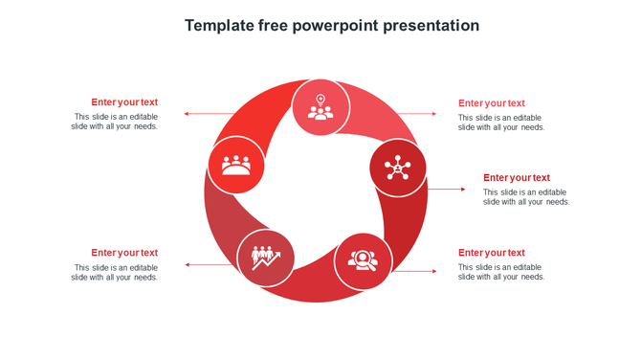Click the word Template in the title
click(219, 26)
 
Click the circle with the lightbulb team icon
click(320, 106)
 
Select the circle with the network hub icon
click(397, 169)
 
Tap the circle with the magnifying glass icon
click(363, 260)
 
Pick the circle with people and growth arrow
click(265, 258)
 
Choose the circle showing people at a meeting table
click(236, 165)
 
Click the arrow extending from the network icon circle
click(446, 190)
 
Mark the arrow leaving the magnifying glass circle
click(415, 271)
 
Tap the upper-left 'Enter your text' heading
click(124, 102)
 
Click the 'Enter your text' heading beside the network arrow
click(517, 178)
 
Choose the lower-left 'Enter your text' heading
click(124, 253)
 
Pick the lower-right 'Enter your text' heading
click(492, 253)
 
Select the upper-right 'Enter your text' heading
click(492, 103)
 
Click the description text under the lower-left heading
click(115, 273)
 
